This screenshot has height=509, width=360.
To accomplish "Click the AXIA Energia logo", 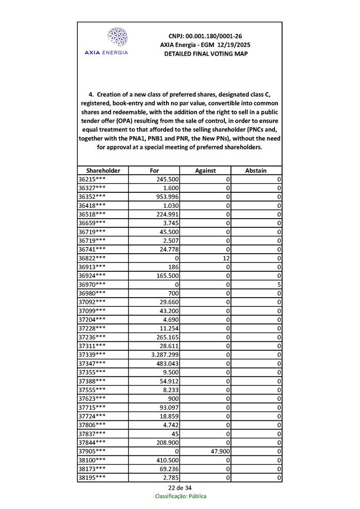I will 117,41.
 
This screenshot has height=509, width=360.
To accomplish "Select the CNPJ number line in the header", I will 205,36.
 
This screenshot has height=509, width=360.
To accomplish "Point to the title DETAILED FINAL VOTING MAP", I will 205,54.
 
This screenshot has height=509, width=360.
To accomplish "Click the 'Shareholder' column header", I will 103,170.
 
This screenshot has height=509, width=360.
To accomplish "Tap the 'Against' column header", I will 205,170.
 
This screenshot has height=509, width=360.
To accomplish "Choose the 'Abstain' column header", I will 256,170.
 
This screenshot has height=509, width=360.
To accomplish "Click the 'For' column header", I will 154,170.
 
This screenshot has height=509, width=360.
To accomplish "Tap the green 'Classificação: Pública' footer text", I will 181,496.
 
